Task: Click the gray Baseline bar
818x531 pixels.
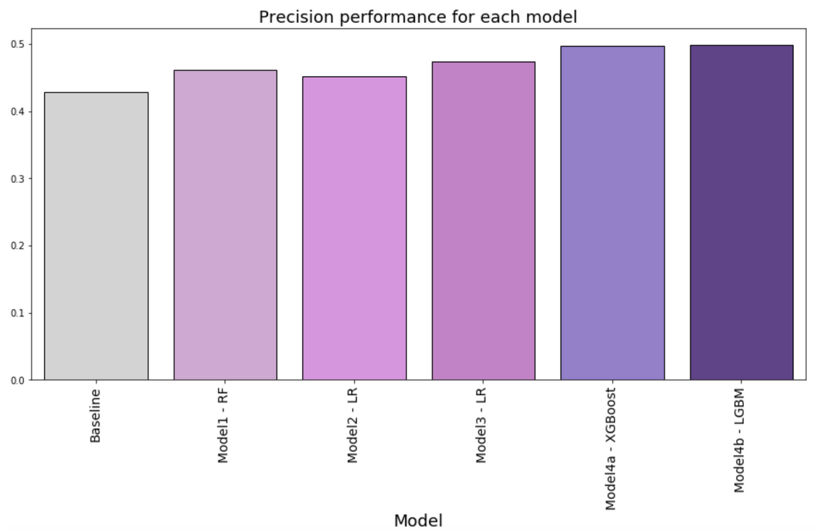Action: (x=96, y=236)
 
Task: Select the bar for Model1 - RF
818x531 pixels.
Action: (x=225, y=225)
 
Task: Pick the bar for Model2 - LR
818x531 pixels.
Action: (x=354, y=228)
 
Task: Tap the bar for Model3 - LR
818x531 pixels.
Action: (x=483, y=221)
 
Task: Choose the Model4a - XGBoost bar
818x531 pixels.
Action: (x=612, y=213)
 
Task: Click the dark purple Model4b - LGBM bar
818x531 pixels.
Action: (x=741, y=212)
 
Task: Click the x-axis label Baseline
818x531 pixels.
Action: (x=96, y=416)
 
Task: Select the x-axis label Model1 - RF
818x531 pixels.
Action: (x=224, y=425)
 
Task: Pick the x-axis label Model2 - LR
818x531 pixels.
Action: (x=353, y=425)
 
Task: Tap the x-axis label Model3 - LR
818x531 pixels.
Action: (x=482, y=425)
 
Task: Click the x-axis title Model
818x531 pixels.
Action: (x=418, y=521)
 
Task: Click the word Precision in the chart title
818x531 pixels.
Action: (x=289, y=17)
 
